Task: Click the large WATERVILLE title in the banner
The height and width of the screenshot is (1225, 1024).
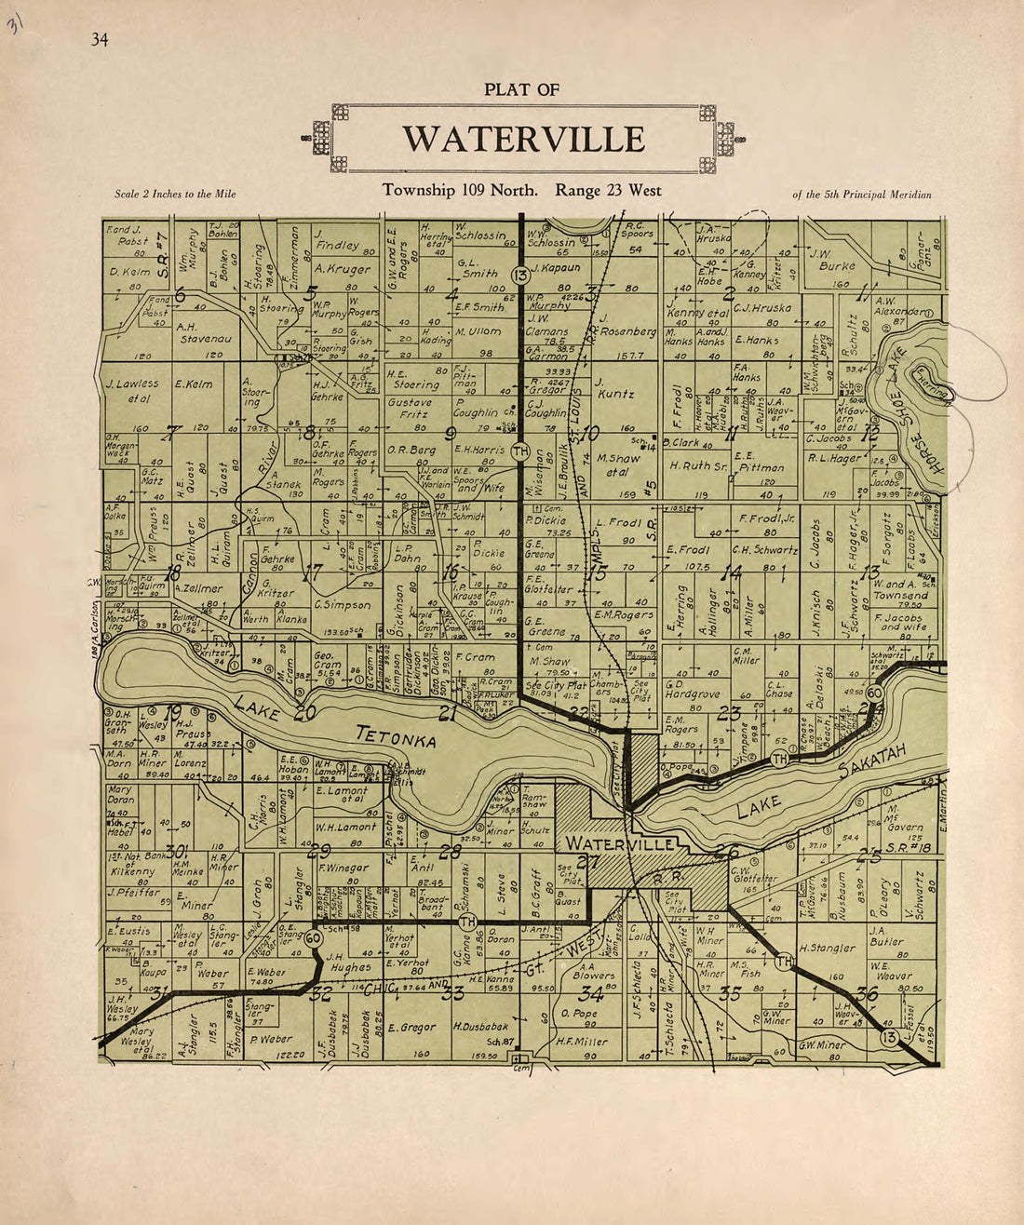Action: (x=523, y=140)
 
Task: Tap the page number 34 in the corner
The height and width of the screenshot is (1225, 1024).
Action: (x=100, y=39)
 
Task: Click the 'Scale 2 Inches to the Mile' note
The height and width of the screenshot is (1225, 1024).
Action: (x=175, y=195)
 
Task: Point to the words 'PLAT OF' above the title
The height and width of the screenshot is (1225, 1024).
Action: (x=521, y=90)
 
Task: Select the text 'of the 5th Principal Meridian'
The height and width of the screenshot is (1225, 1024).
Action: (x=861, y=195)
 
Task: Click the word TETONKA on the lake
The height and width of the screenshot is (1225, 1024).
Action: (x=397, y=737)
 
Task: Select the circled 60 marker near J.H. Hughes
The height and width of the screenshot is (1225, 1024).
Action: (x=314, y=938)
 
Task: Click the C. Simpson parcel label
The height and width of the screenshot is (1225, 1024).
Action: (x=343, y=605)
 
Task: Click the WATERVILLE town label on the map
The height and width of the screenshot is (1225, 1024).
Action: (x=619, y=843)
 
